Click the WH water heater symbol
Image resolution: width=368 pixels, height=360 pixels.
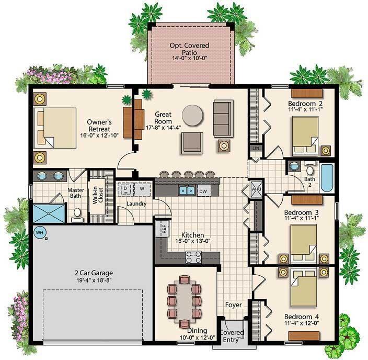click(x=40, y=233)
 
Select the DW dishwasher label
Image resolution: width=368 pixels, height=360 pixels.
click(x=203, y=192)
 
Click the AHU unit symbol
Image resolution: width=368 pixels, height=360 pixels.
click(x=255, y=189)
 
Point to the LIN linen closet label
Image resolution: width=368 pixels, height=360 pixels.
click(x=256, y=148)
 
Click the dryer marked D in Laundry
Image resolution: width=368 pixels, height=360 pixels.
click(x=125, y=189)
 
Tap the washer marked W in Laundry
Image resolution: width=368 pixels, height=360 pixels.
click(x=142, y=189)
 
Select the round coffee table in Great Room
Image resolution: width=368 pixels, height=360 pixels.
click(x=192, y=115)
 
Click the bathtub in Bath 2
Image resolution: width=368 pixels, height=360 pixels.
click(x=327, y=178)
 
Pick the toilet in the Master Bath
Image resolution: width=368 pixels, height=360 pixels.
click(x=77, y=215)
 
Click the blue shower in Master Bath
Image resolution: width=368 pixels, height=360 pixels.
click(x=49, y=213)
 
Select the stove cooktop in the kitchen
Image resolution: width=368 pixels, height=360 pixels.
click(x=193, y=257)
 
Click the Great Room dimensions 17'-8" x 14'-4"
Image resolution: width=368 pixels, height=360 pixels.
click(x=163, y=128)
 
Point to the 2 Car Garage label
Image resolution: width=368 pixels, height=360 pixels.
click(x=94, y=273)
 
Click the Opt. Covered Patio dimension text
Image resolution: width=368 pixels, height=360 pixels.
click(x=189, y=58)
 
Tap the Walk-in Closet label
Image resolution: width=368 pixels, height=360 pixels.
click(x=98, y=196)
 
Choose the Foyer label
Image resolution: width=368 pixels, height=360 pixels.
click(x=233, y=305)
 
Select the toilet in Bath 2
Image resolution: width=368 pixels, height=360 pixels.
click(x=309, y=167)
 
